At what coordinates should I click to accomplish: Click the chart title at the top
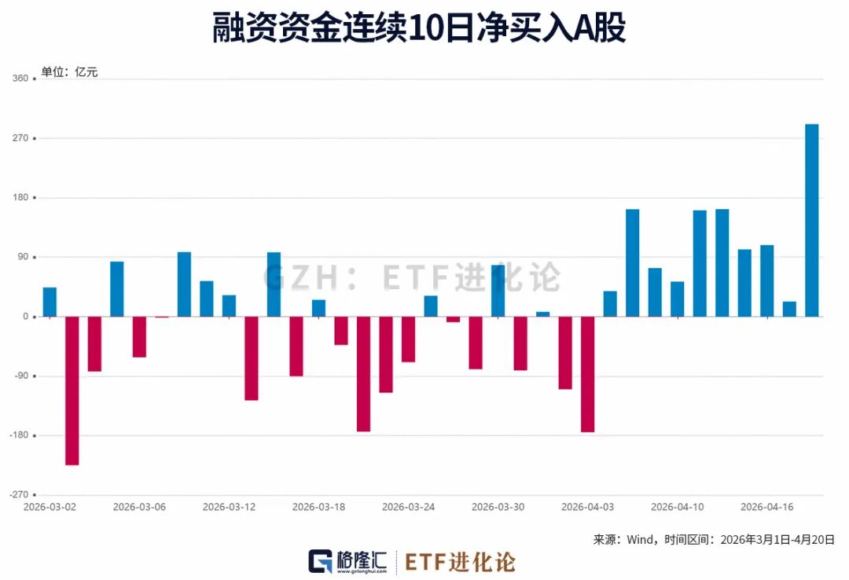tap(419, 29)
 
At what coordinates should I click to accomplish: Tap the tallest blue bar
tap(811, 220)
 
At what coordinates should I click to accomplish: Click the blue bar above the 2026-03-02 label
tap(50, 302)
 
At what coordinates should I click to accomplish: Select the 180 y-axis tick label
tap(20, 198)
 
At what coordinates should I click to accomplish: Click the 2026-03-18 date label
tap(318, 507)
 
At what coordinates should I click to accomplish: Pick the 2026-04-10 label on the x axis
tap(677, 507)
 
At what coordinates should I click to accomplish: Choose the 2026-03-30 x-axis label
tap(498, 507)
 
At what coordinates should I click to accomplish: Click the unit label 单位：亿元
tap(69, 72)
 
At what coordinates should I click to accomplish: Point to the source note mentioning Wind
tap(713, 540)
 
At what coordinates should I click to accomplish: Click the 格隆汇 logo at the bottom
tap(348, 561)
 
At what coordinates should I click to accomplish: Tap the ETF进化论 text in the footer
tap(461, 561)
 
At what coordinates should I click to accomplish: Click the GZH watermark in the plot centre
tap(411, 277)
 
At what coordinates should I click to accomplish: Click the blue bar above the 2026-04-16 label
tap(766, 281)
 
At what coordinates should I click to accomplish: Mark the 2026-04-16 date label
tap(766, 507)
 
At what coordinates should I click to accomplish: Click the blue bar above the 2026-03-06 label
tap(116, 289)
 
